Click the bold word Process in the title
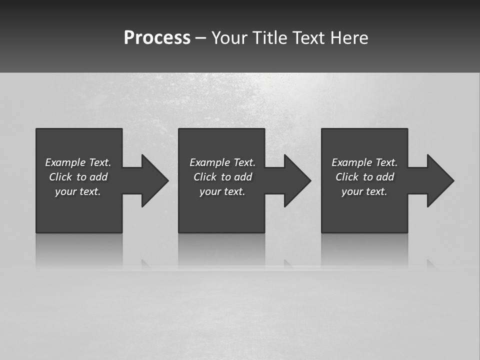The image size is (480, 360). tap(157, 38)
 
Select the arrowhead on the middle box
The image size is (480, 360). tap(296, 180)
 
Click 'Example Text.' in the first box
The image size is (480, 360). tap(78, 162)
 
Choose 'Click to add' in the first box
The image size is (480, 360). tap(78, 177)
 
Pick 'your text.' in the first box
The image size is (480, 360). tap(78, 191)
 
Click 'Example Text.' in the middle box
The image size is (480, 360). tap(222, 162)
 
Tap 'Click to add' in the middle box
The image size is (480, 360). tap(222, 177)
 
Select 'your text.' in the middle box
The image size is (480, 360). tap(222, 191)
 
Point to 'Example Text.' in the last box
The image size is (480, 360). tap(364, 162)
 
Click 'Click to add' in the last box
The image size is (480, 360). tap(364, 177)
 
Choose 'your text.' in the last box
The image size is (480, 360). tap(364, 191)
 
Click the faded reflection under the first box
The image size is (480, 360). tap(79, 250)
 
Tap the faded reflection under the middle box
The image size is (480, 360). tap(221, 250)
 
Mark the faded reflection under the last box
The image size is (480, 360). tap(364, 250)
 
